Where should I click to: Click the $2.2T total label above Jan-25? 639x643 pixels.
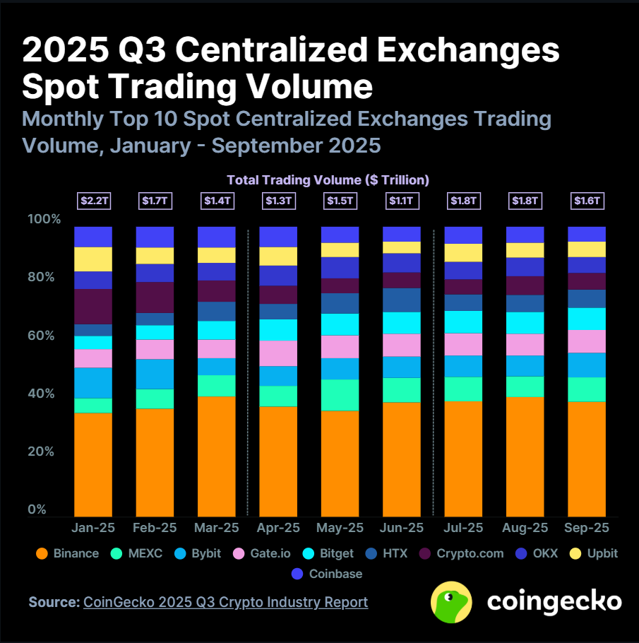93,201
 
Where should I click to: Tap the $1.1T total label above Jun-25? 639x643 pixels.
400,201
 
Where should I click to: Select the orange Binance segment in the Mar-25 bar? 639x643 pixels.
216,456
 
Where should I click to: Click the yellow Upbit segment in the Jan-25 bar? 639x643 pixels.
93,259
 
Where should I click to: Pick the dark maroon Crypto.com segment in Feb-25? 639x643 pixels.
155,297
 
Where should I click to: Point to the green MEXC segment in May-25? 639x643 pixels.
339,394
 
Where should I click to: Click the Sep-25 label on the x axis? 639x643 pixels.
586,528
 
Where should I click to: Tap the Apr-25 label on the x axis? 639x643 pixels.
278,528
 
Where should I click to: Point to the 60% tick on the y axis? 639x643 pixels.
41,335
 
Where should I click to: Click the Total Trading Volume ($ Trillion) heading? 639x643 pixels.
328,180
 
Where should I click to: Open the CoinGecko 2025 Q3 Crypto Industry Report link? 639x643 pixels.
225,602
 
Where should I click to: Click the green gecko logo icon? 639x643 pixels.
452,602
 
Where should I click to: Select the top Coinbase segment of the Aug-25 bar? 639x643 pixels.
525,235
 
